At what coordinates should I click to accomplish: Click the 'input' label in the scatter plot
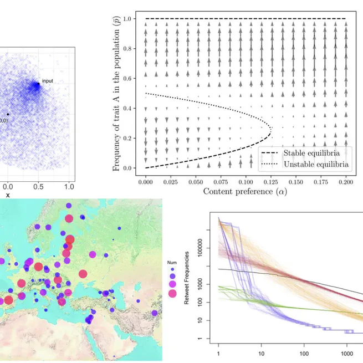[x=48, y=81]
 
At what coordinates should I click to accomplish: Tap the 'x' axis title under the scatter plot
[x=8, y=195]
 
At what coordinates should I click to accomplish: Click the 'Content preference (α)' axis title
[x=245, y=192]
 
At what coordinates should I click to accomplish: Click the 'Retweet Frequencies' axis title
[x=187, y=277]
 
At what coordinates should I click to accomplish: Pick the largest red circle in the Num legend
[x=172, y=294]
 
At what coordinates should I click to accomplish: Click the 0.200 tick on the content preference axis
[x=345, y=181]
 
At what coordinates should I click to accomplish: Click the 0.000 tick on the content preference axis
[x=145, y=181]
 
